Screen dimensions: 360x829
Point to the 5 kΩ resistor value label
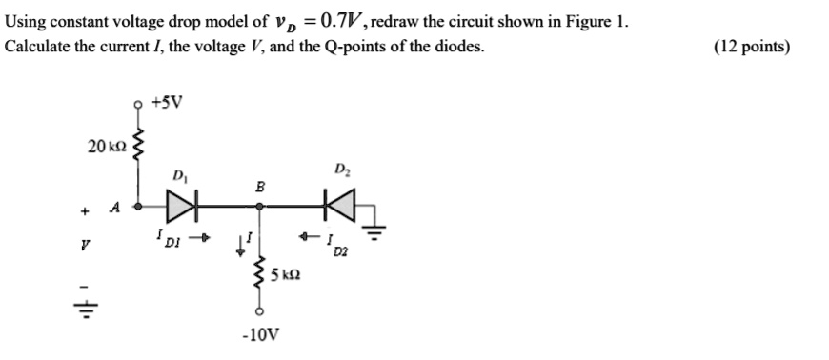pos(286,276)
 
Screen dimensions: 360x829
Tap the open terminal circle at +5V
pos(140,105)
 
